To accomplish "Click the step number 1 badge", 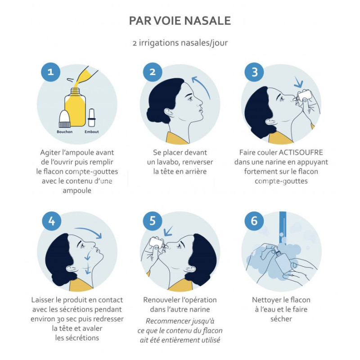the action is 51,72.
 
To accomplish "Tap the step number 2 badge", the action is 153,72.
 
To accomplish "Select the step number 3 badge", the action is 254,72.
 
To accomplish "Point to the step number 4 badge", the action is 52,221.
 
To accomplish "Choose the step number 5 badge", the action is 153,221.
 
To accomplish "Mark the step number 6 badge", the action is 254,221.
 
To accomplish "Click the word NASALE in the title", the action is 207,21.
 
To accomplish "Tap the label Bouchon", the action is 64,132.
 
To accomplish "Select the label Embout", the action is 92,132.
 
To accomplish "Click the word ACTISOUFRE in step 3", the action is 301,153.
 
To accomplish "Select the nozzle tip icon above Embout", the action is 91,117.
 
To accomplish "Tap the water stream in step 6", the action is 283,227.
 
